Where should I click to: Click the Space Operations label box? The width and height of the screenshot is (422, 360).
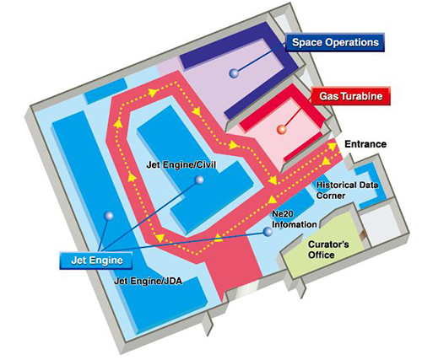(335, 42)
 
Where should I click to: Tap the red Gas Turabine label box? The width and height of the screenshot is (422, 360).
(351, 96)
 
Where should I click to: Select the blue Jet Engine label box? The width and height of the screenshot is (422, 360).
(96, 261)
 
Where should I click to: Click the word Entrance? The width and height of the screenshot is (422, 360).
(365, 144)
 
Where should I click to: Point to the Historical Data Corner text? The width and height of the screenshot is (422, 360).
(347, 190)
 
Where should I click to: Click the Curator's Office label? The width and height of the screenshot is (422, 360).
(328, 250)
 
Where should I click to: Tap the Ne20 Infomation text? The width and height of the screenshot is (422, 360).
(294, 219)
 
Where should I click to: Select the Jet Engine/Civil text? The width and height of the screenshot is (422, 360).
(181, 164)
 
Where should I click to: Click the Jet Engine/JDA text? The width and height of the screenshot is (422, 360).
(148, 281)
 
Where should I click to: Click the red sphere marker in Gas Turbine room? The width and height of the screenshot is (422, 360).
(281, 130)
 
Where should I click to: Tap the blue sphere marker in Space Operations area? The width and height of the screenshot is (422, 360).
(234, 73)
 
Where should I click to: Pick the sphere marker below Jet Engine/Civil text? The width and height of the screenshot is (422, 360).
(199, 180)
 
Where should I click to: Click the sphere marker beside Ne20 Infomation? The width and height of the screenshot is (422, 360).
(268, 232)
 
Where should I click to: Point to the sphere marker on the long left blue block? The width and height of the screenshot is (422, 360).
(108, 216)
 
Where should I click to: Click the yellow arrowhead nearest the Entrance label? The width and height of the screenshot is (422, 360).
(333, 147)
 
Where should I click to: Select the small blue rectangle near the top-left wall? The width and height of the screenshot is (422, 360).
(106, 90)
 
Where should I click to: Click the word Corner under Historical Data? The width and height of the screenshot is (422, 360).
(331, 196)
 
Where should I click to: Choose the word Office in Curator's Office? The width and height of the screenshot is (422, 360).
(322, 255)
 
